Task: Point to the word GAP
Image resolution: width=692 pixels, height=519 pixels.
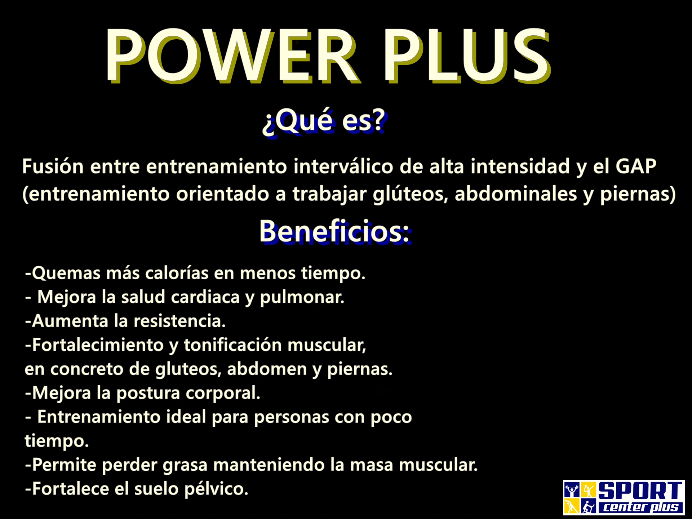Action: (x=636, y=167)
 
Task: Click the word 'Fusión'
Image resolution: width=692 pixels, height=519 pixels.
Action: (x=53, y=167)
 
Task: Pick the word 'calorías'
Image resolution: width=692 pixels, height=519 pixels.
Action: (x=177, y=273)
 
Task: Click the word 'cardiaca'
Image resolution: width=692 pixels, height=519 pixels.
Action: (x=205, y=297)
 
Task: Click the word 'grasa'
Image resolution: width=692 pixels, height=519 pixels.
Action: (x=185, y=465)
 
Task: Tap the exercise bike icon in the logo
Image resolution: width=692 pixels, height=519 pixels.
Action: (x=589, y=507)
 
